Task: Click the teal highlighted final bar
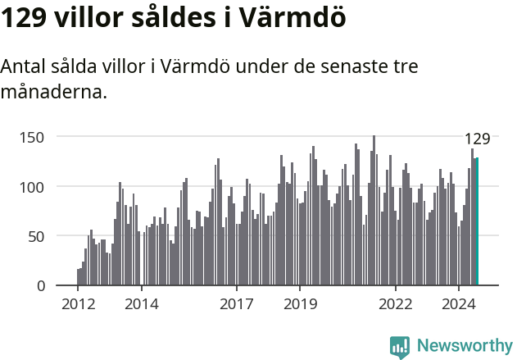pyautogui.click(x=477, y=221)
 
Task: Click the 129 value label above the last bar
pyautogui.click(x=477, y=139)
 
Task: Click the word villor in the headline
pyautogui.click(x=90, y=18)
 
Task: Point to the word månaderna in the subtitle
pyautogui.click(x=53, y=92)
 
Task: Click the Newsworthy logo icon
pyautogui.click(x=400, y=346)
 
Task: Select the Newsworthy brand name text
pyautogui.click(x=464, y=346)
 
